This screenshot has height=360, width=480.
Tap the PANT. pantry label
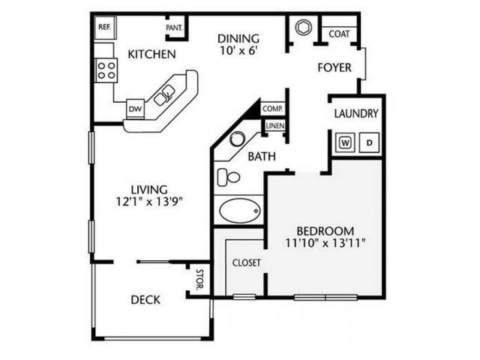(x=174, y=28)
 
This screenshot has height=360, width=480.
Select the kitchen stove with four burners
(x=106, y=70)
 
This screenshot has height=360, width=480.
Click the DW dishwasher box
(x=135, y=109)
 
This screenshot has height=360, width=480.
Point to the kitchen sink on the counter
(x=165, y=94)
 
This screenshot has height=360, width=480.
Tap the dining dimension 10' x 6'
(x=238, y=52)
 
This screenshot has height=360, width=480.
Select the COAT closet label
(x=339, y=34)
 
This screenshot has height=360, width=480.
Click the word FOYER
(x=334, y=67)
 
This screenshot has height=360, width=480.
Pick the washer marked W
(x=346, y=141)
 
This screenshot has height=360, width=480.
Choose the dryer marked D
(x=369, y=141)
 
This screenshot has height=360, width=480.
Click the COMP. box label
(x=271, y=109)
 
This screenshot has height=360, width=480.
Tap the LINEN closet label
(x=274, y=125)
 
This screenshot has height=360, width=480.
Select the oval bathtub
(x=240, y=209)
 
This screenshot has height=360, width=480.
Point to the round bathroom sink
(x=237, y=139)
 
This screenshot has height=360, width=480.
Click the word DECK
(x=145, y=299)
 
